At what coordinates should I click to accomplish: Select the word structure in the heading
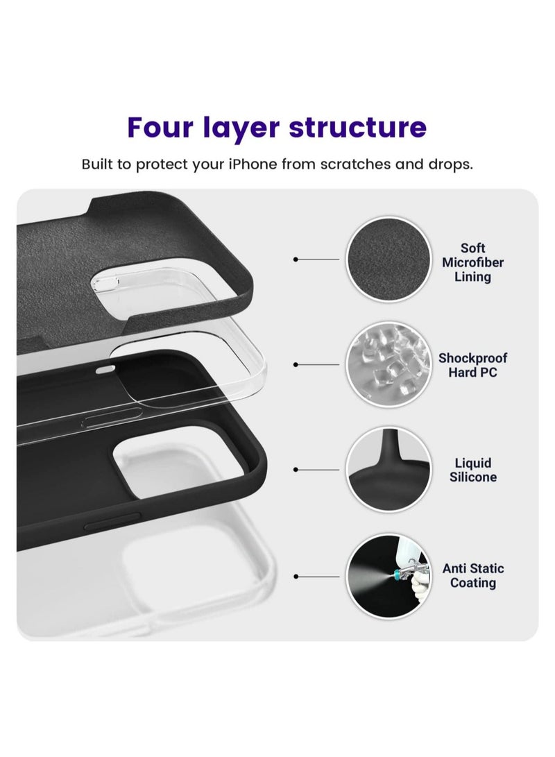357,128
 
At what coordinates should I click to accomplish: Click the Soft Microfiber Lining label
472,262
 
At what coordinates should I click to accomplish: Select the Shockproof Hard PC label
472,365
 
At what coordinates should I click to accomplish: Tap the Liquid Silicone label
472,470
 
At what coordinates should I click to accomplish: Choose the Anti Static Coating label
473,575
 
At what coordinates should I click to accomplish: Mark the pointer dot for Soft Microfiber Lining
296,259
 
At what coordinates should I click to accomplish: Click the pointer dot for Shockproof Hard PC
296,364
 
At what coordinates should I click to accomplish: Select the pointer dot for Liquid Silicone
296,470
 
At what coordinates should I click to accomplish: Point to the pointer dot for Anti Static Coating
296,576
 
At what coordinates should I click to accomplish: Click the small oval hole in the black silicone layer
104,369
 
